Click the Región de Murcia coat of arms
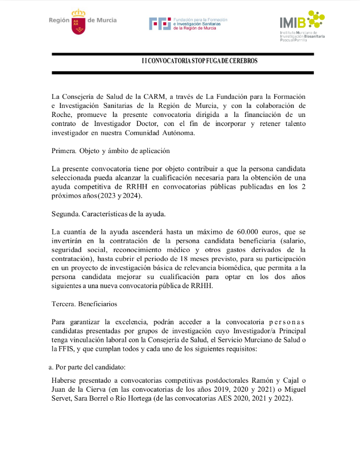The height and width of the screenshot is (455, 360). (78, 21)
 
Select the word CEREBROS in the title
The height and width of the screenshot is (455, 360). (243, 61)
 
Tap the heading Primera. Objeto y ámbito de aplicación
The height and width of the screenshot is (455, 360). (111, 150)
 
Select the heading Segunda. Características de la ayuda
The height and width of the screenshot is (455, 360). (108, 214)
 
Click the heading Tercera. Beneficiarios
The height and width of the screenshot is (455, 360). (85, 305)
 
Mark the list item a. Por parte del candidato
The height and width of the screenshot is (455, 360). (87, 367)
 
